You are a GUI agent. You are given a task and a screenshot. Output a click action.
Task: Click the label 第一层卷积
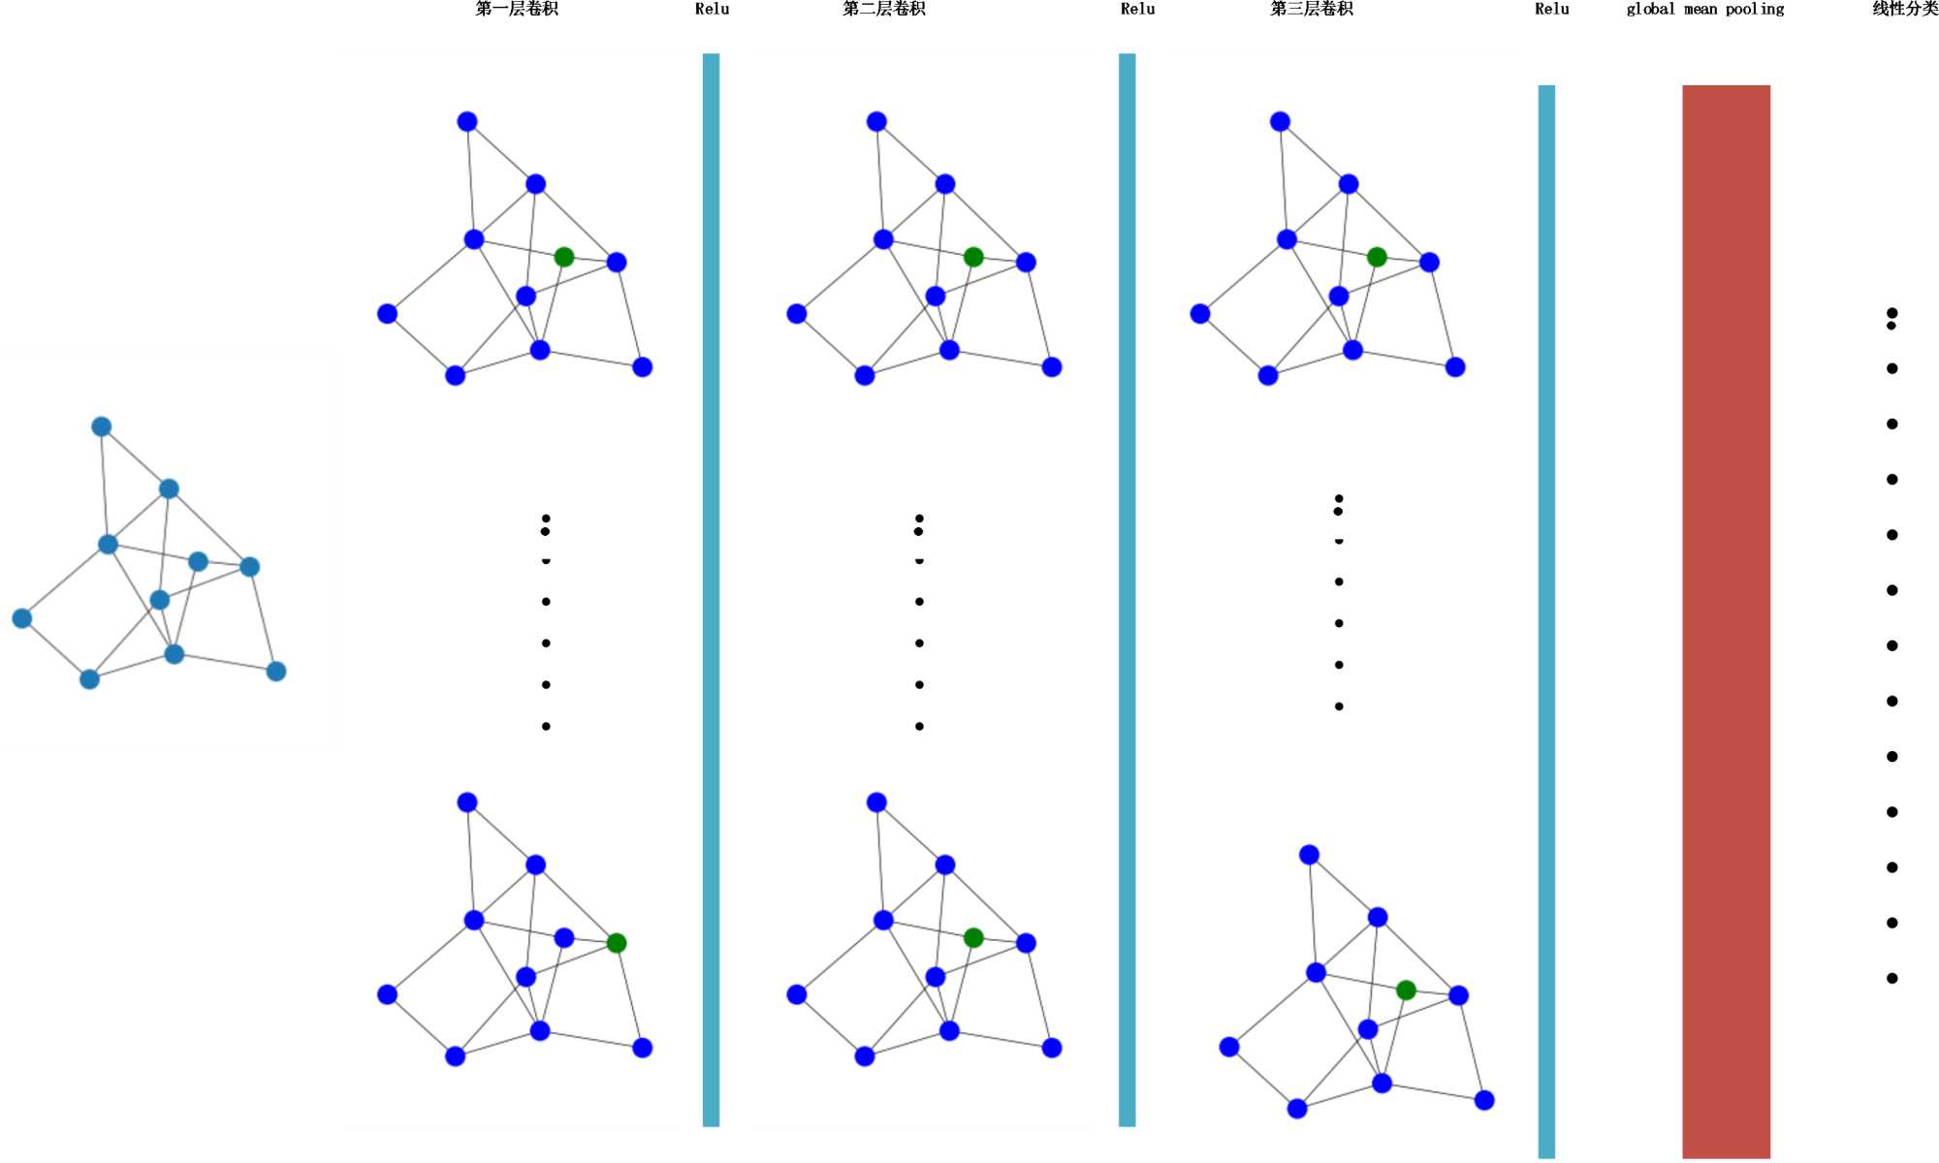coord(517,10)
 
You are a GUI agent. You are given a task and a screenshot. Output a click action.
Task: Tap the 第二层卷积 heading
coord(883,10)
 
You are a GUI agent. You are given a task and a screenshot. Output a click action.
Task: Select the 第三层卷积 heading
coord(1311,10)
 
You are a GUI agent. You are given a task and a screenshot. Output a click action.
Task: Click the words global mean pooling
coord(1704,10)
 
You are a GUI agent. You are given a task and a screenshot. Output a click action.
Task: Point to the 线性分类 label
coord(1904,10)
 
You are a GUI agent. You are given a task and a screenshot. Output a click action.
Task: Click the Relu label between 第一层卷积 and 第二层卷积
coord(712,10)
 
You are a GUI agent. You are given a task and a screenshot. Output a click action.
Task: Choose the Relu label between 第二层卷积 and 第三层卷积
coord(1137,10)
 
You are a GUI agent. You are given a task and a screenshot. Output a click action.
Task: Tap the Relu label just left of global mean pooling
coord(1551,10)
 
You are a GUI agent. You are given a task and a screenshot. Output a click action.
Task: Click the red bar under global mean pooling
coord(1726,620)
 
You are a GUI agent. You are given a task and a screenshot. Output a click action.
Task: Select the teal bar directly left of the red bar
coord(1546,620)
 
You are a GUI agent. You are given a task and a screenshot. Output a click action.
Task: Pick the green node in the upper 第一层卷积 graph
coord(563,257)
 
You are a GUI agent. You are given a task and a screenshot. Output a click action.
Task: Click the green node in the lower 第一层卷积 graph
coord(617,943)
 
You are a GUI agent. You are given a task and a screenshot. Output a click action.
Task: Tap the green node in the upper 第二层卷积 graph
coord(973,257)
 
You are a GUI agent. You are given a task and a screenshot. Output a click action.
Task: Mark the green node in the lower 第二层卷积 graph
coord(973,937)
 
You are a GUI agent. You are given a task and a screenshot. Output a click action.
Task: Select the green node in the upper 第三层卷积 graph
coord(1377,257)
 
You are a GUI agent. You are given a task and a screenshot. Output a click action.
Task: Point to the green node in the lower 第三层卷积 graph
coord(1406,990)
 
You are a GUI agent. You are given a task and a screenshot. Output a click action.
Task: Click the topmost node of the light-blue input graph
coord(101,426)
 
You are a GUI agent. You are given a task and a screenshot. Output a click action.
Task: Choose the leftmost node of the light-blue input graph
coord(21,618)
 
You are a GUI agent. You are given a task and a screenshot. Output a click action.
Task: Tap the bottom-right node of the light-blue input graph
coord(276,672)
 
